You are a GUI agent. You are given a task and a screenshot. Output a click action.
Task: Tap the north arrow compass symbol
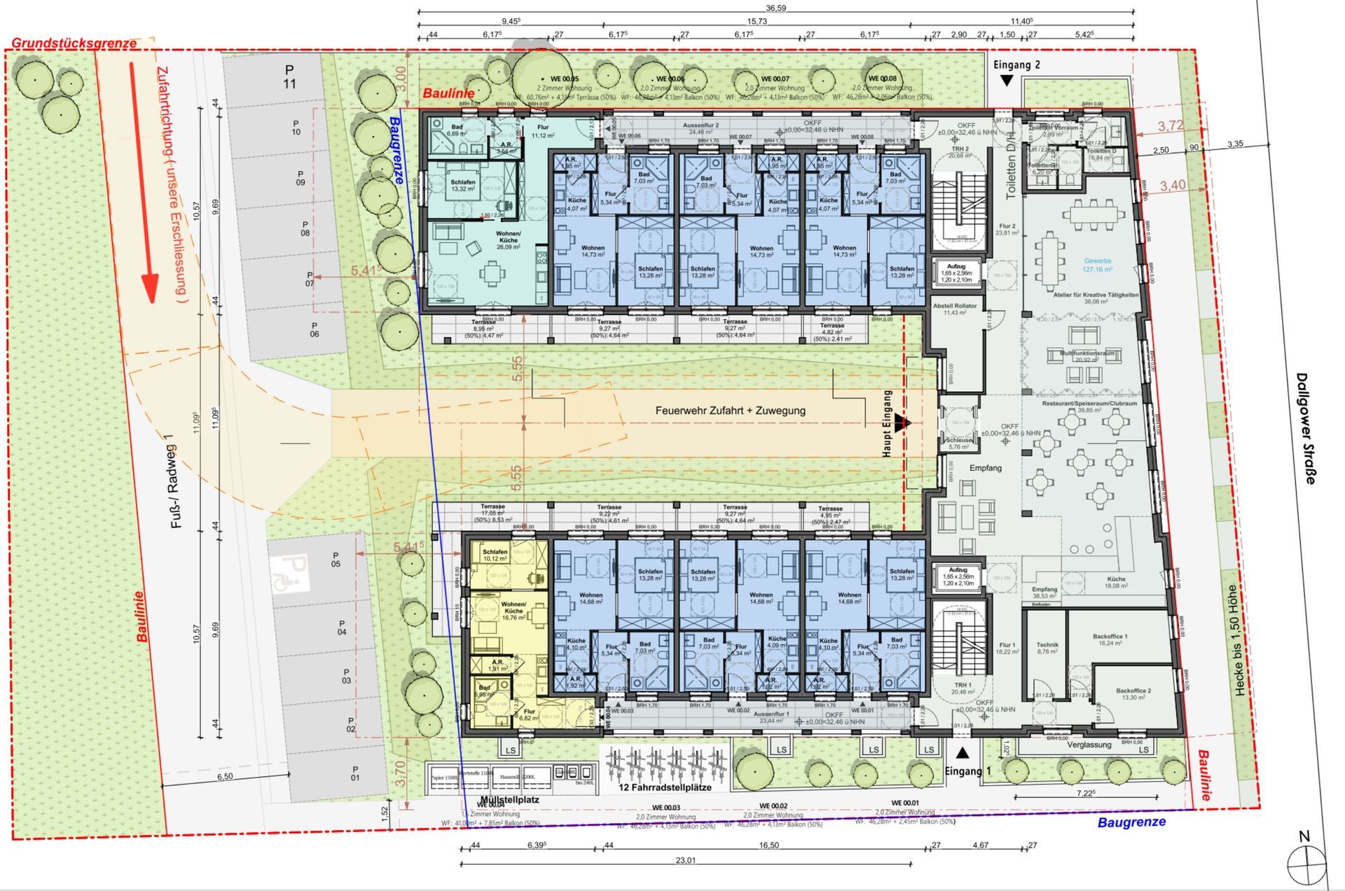[x=1306, y=863]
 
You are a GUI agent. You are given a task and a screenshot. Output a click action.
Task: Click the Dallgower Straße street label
[x=1306, y=428]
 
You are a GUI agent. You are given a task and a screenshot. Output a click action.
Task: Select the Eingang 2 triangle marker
[x=1006, y=81]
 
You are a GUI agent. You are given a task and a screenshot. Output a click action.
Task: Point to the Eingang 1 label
[x=968, y=771]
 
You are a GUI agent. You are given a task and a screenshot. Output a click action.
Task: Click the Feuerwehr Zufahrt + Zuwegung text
[x=730, y=411]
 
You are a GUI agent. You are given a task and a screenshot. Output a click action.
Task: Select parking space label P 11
[x=289, y=77]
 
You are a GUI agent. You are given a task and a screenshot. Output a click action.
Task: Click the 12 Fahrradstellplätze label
[x=665, y=787]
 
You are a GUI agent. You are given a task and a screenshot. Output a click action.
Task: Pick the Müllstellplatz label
[x=499, y=799]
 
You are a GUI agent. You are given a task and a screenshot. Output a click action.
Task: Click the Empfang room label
[x=985, y=468]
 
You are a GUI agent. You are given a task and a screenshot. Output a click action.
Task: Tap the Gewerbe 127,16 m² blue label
[x=1097, y=265]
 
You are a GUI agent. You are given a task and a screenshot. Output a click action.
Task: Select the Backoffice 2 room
[x=1133, y=694]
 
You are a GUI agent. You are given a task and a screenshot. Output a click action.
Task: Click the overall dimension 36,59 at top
[x=775, y=8]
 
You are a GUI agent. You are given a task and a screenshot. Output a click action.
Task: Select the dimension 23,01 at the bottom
[x=686, y=860]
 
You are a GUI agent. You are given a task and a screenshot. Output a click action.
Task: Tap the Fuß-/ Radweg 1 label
[x=176, y=480]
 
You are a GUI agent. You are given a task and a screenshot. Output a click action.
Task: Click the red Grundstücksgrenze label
[x=74, y=43]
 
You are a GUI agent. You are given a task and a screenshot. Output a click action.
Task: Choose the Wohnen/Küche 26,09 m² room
[x=509, y=240]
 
